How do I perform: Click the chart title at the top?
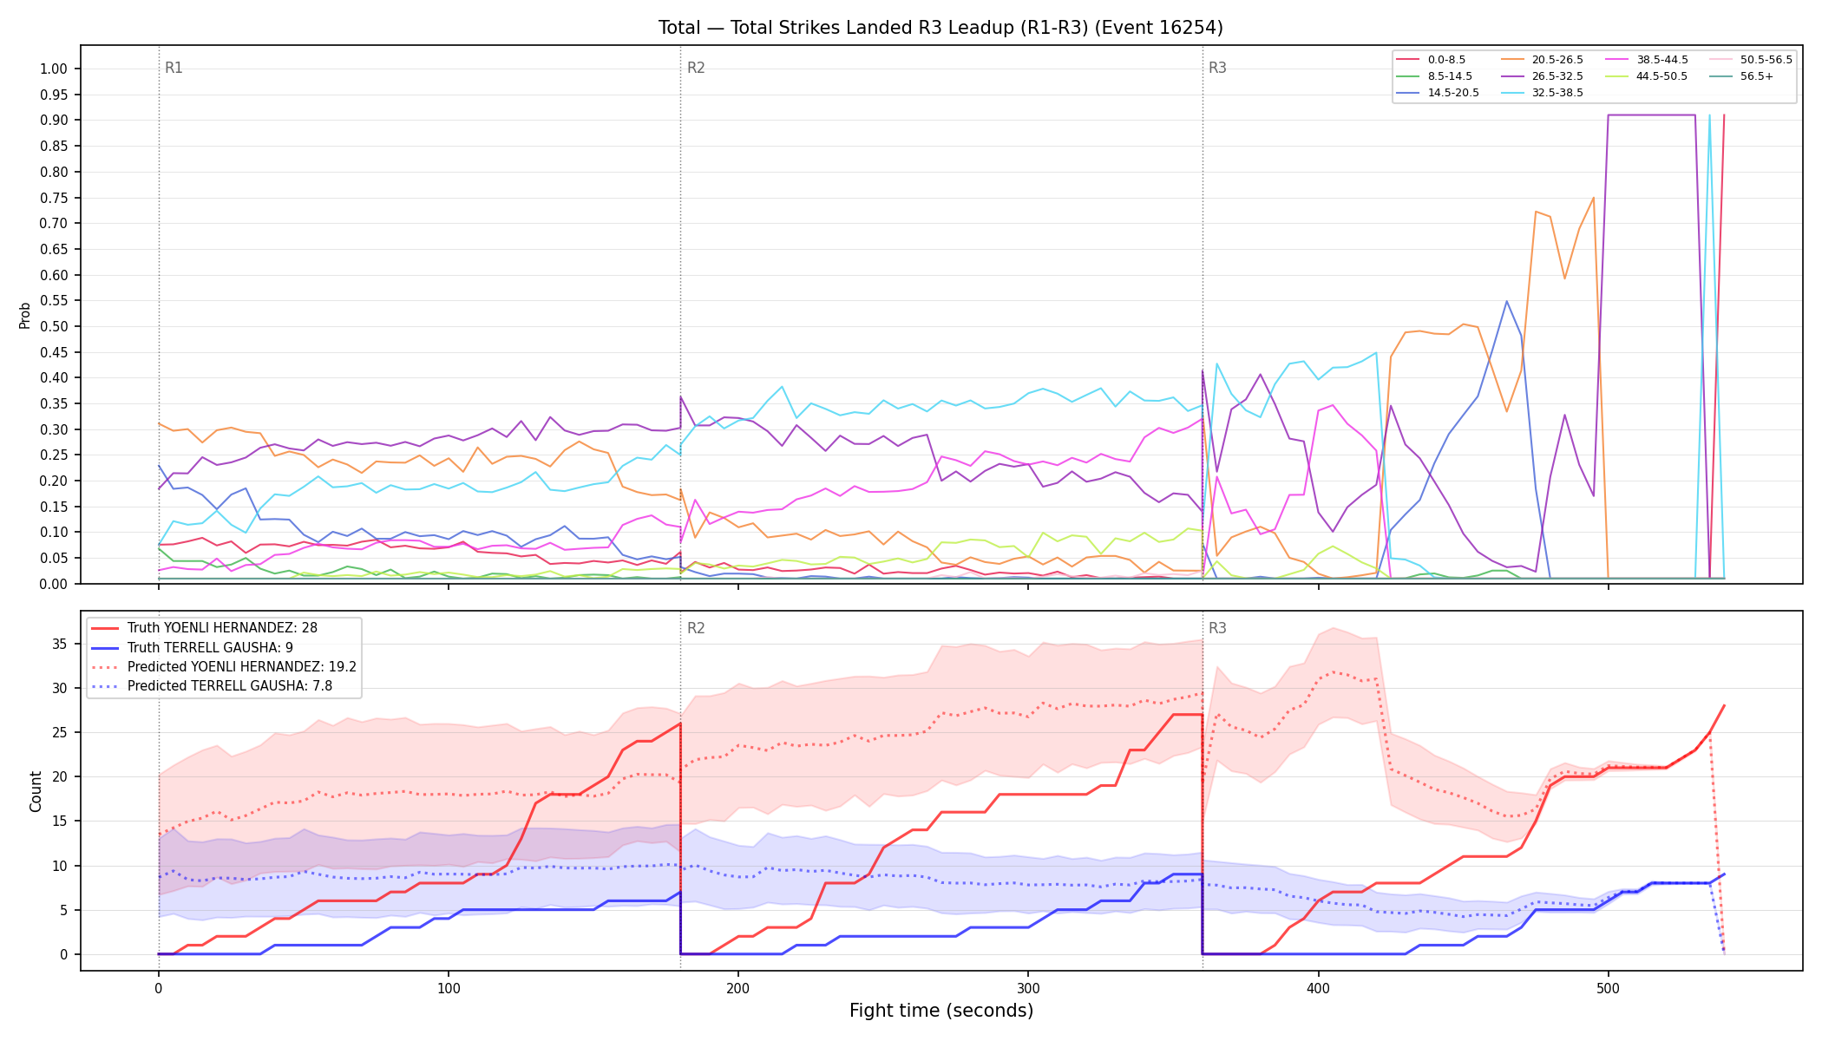pos(940,28)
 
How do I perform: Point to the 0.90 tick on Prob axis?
pos(54,120)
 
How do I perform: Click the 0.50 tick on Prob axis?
pos(54,326)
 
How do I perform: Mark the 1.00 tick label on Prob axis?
pos(54,69)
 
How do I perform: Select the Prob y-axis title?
pos(24,315)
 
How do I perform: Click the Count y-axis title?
pos(36,791)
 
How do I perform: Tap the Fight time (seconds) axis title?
pos(941,1011)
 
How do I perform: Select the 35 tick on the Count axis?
pos(60,644)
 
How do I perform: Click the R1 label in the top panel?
pos(174,68)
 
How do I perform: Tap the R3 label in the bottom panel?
pos(1217,628)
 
